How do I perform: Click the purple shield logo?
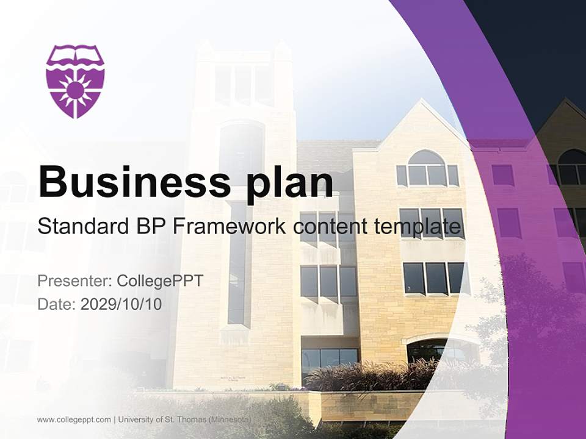coord(75,81)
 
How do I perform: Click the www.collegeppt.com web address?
coord(74,419)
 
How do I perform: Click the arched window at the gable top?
coord(427,168)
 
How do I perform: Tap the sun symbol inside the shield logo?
coord(75,90)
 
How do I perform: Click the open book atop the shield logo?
coord(75,55)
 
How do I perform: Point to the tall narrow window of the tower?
coord(238,262)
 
